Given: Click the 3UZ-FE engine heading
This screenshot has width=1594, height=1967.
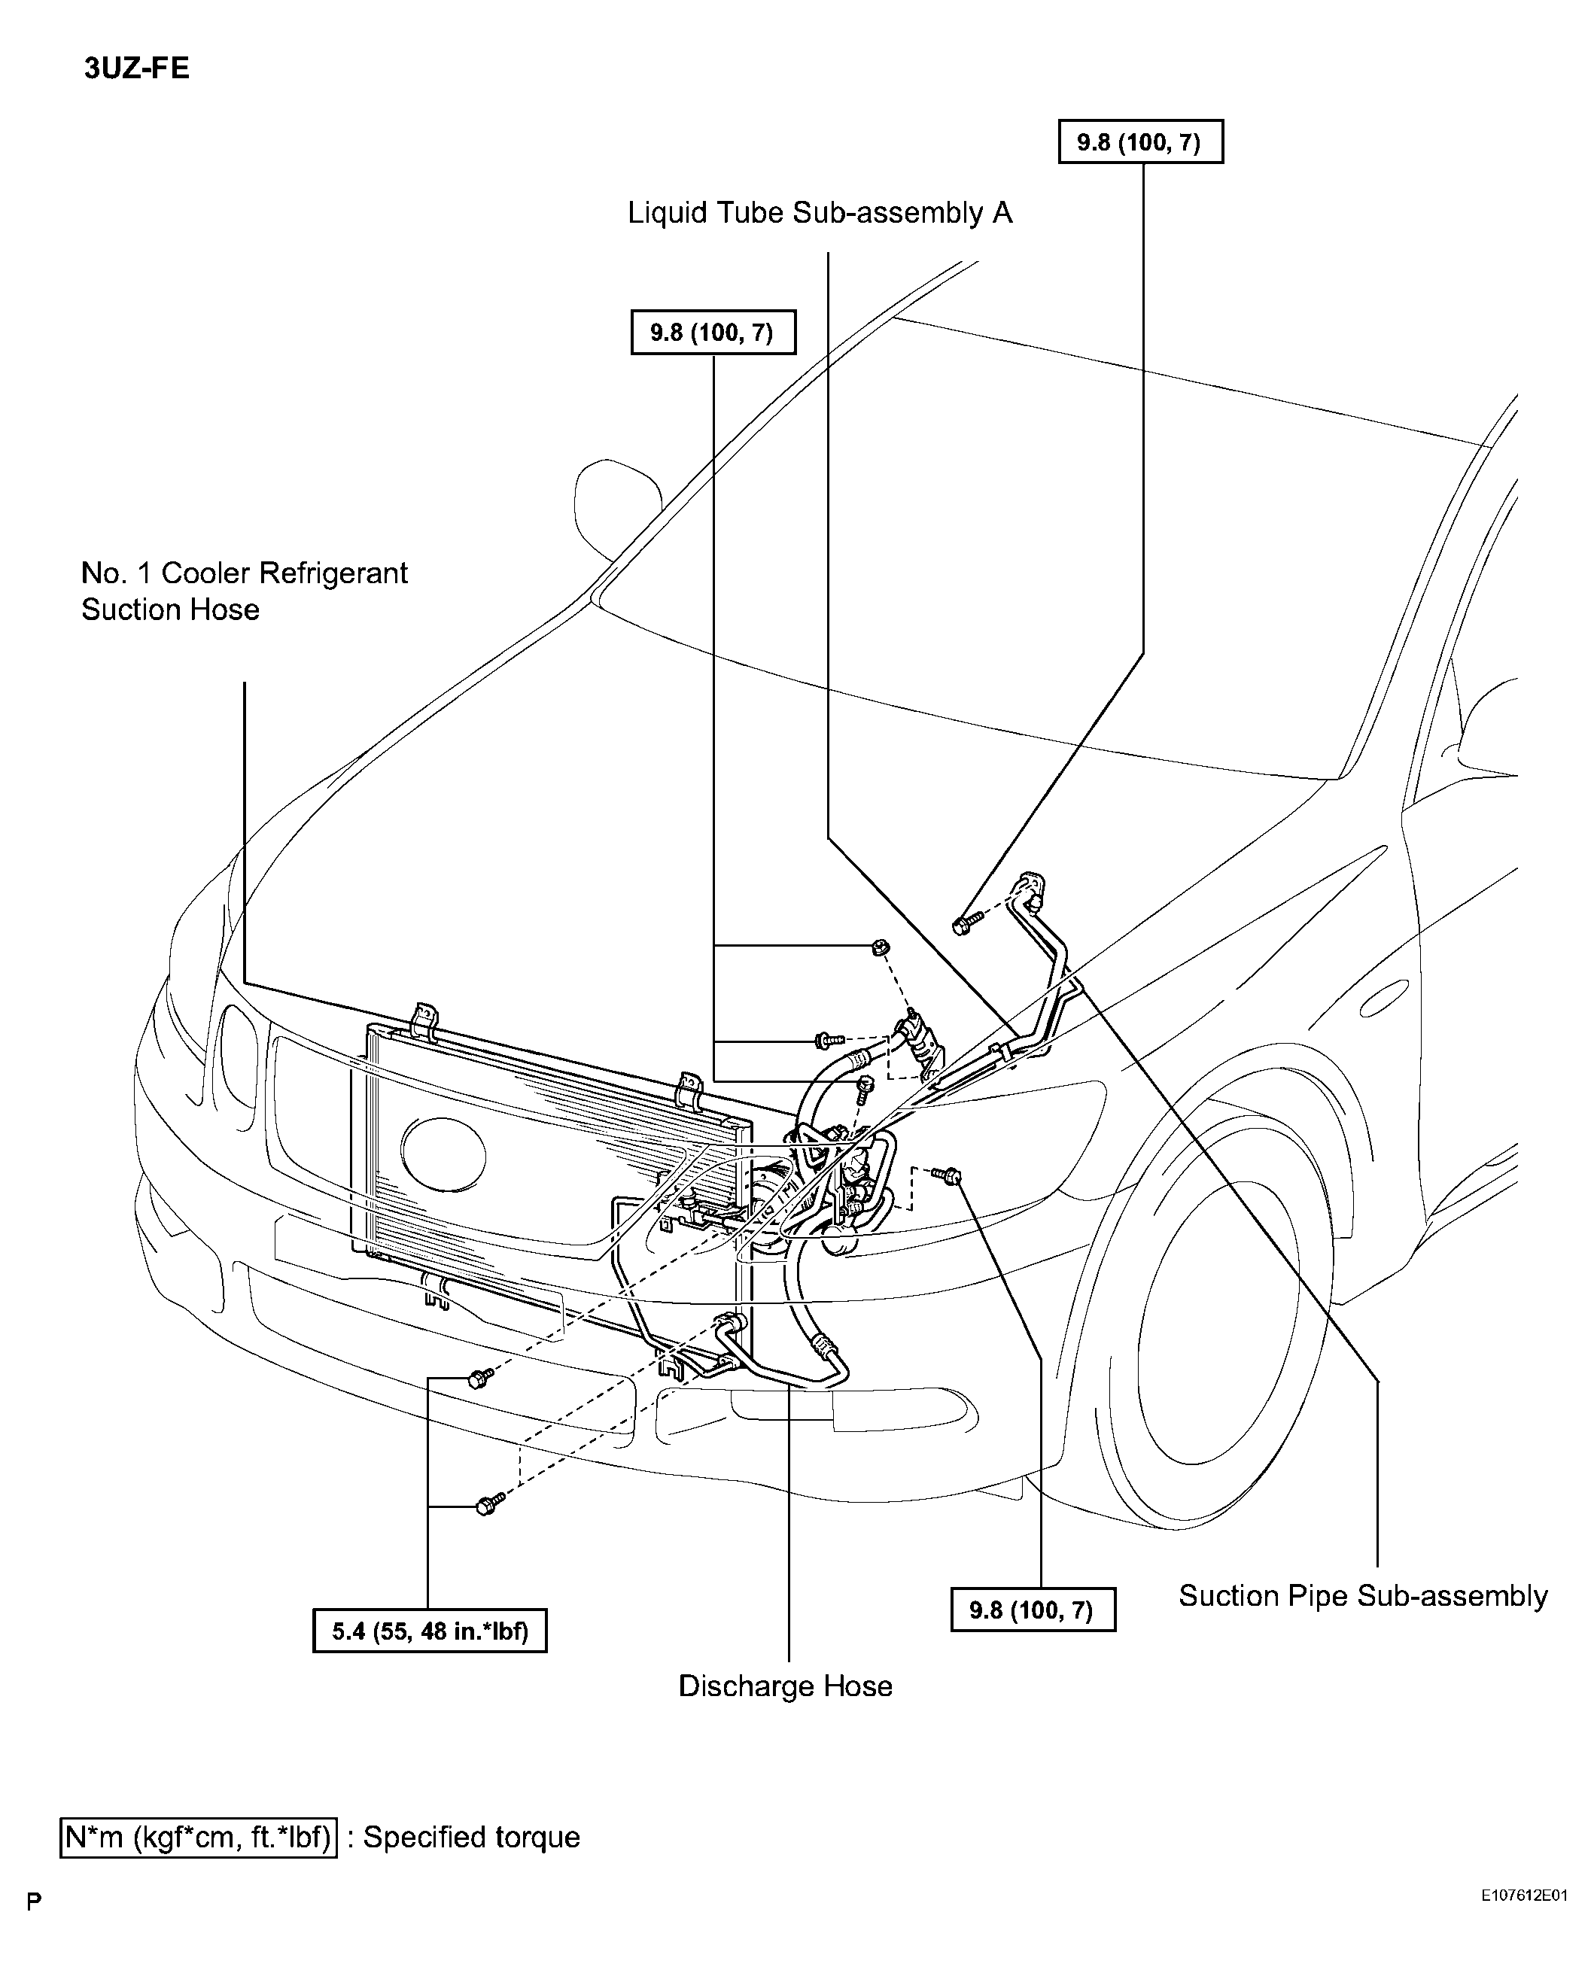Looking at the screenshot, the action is (137, 68).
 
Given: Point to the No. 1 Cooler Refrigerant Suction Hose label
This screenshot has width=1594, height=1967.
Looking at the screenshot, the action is (245, 591).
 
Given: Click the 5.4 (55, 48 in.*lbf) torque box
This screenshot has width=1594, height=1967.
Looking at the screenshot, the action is (430, 1631).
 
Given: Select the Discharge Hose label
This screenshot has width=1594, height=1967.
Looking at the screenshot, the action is (785, 1686).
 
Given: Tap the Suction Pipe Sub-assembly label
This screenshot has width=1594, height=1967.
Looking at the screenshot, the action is (1363, 1596).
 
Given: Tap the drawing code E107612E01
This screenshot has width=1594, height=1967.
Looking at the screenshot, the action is (1523, 1893).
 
